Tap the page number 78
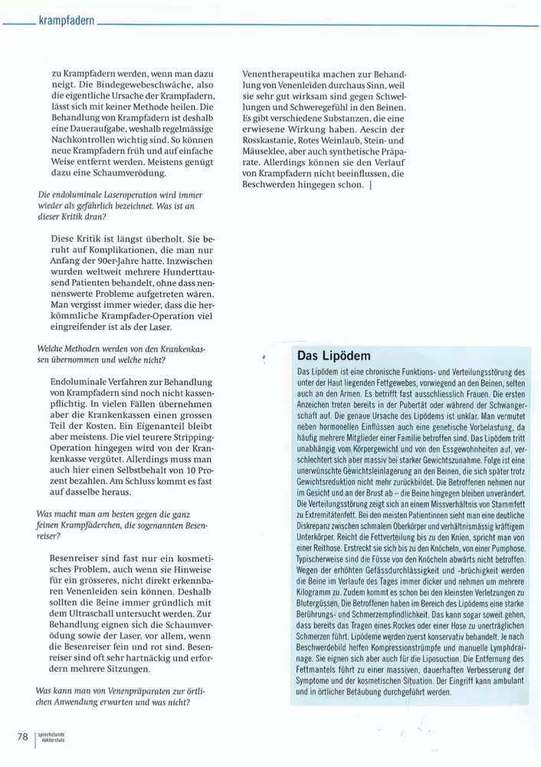point(23,737)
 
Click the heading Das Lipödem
point(333,356)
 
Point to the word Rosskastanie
point(274,142)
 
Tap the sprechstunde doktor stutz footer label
point(51,737)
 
